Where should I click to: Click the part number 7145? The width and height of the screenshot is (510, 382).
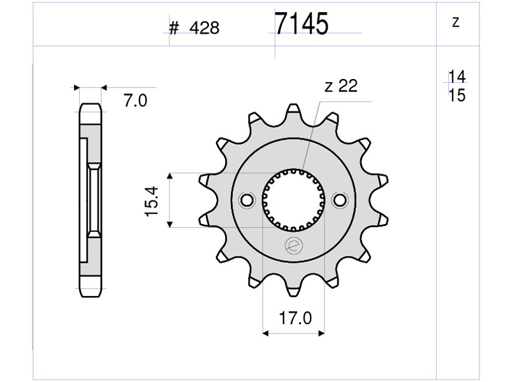302,24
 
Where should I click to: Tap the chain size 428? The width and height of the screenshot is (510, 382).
204,28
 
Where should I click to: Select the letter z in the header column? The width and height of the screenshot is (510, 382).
456,22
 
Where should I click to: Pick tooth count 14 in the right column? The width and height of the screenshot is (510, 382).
456,76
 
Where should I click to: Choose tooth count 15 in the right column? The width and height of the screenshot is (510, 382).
456,95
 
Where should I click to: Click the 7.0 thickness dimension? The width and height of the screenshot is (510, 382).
135,101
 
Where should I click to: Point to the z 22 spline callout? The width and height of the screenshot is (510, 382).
341,86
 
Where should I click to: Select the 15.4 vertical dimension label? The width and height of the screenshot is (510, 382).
151,201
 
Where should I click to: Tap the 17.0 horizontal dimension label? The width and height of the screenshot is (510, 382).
295,318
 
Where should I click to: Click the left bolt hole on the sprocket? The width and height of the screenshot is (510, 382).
247,200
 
